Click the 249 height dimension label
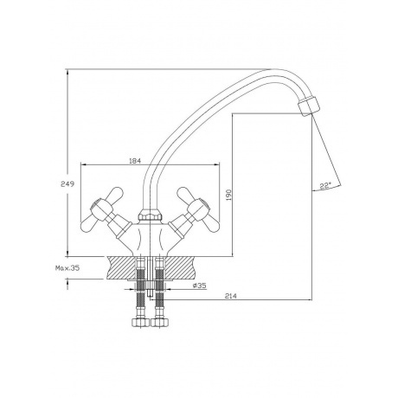[x=67, y=183]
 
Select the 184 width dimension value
[x=135, y=161]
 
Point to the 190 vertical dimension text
[x=228, y=195]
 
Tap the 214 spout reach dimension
[x=231, y=296]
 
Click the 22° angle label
[x=325, y=186]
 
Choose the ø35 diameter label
[x=200, y=286]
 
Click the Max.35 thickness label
[x=67, y=268]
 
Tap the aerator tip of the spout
[x=309, y=106]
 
